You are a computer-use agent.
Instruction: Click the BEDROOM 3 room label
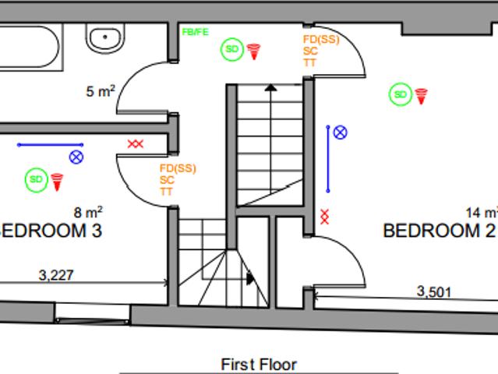51,231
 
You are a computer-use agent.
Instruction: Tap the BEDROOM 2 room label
440,231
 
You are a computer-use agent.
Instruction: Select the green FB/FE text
195,32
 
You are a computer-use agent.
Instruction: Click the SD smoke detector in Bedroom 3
36,180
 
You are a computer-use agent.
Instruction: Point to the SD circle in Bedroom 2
401,94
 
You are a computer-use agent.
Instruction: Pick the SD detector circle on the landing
232,49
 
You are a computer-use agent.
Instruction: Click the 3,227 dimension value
56,275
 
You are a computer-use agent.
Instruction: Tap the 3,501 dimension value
434,291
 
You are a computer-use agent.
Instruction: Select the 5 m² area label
101,91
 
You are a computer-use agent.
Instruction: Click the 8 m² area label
88,212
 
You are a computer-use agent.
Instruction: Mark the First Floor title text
259,365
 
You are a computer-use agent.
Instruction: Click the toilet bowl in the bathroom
105,38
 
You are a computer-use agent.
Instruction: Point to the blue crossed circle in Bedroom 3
76,157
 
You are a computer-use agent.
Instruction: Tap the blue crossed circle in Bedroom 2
340,132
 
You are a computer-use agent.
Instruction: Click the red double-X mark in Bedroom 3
136,144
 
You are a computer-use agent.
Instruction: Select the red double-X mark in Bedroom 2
324,217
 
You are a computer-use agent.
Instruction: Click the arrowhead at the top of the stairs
270,87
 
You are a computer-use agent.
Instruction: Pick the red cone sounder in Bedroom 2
421,97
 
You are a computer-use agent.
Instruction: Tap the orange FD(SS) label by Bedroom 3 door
178,168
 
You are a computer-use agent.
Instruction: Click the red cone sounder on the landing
253,51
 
